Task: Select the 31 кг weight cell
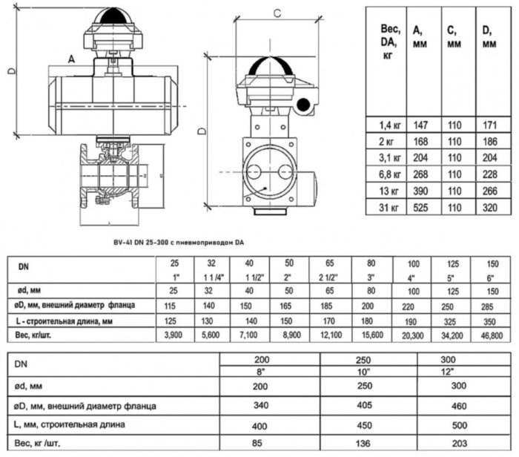pyautogui.click(x=389, y=208)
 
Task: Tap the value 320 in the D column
pyautogui.click(x=488, y=208)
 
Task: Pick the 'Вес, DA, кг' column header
pyautogui.click(x=389, y=42)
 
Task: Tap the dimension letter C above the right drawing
pyautogui.click(x=276, y=13)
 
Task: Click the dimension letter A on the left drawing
pyautogui.click(x=70, y=57)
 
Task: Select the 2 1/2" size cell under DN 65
pyautogui.click(x=327, y=277)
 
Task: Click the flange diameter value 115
pyautogui.click(x=174, y=306)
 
